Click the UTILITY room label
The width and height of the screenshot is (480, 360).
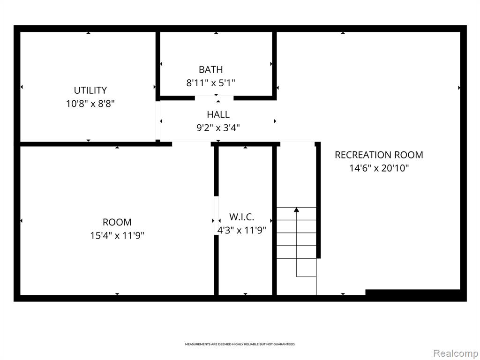click(x=90, y=90)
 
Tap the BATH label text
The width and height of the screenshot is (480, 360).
click(x=210, y=69)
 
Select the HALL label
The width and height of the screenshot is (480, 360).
click(x=218, y=114)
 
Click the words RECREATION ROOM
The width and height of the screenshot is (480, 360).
click(x=379, y=155)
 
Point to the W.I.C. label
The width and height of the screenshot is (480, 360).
click(x=241, y=217)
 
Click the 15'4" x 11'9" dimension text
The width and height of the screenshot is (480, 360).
click(x=117, y=235)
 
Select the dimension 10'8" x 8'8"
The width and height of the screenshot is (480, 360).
click(x=90, y=104)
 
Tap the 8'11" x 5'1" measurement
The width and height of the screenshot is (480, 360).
click(x=210, y=83)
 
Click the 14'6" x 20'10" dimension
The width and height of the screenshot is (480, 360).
click(x=379, y=168)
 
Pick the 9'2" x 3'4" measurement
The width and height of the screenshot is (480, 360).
click(x=218, y=127)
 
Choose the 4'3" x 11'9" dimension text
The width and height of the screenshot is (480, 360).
click(x=241, y=230)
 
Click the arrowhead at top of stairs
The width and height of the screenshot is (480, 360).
click(x=296, y=210)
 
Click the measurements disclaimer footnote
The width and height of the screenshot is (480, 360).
click(x=240, y=345)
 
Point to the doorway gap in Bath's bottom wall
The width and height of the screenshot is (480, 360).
click(x=214, y=98)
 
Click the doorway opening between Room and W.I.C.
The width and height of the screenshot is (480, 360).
click(x=216, y=216)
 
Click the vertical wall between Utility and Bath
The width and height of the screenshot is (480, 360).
click(x=157, y=66)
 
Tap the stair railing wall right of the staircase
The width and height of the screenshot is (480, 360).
click(x=318, y=200)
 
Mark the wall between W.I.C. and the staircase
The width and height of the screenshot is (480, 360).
click(x=274, y=221)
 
